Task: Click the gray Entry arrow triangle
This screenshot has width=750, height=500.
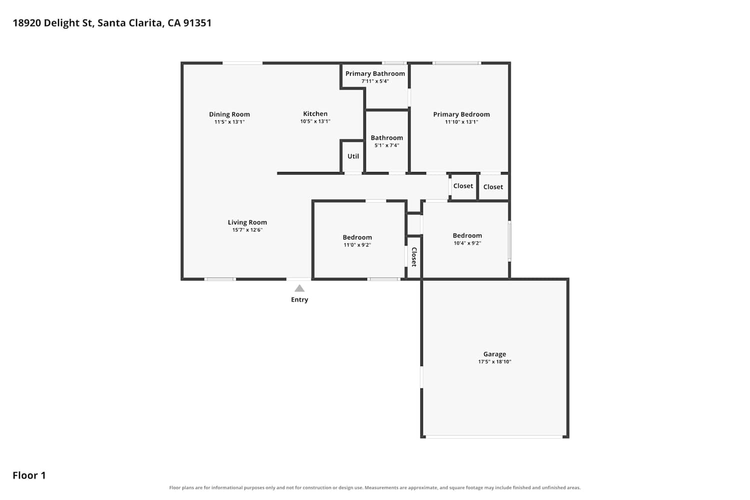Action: pos(299,288)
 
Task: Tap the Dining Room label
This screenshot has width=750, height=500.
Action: pos(229,114)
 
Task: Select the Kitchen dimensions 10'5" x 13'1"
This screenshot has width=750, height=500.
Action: pos(315,121)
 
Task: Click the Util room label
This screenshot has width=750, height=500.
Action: pos(353,156)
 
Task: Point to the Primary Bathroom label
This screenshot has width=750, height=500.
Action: pos(375,73)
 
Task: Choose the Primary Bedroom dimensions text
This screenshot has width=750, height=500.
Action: pos(461,122)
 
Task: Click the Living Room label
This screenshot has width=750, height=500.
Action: pos(247,222)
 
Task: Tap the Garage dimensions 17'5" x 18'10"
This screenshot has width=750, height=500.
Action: pos(494,361)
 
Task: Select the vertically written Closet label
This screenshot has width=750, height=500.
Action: pos(414,257)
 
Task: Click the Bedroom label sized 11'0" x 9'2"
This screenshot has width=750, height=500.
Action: pos(357,237)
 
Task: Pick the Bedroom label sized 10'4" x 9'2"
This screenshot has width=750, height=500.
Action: pos(467,236)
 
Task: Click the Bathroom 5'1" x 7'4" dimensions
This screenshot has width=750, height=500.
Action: pos(386,145)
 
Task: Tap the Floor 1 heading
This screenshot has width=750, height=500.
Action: pos(29,475)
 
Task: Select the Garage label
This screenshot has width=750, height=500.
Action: pos(494,354)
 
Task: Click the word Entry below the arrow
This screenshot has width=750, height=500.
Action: pos(299,299)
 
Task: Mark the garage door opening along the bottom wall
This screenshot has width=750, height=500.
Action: pos(494,437)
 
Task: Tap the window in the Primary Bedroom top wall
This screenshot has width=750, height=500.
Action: pos(456,63)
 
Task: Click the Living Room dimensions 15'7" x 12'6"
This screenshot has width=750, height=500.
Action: pos(247,230)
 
